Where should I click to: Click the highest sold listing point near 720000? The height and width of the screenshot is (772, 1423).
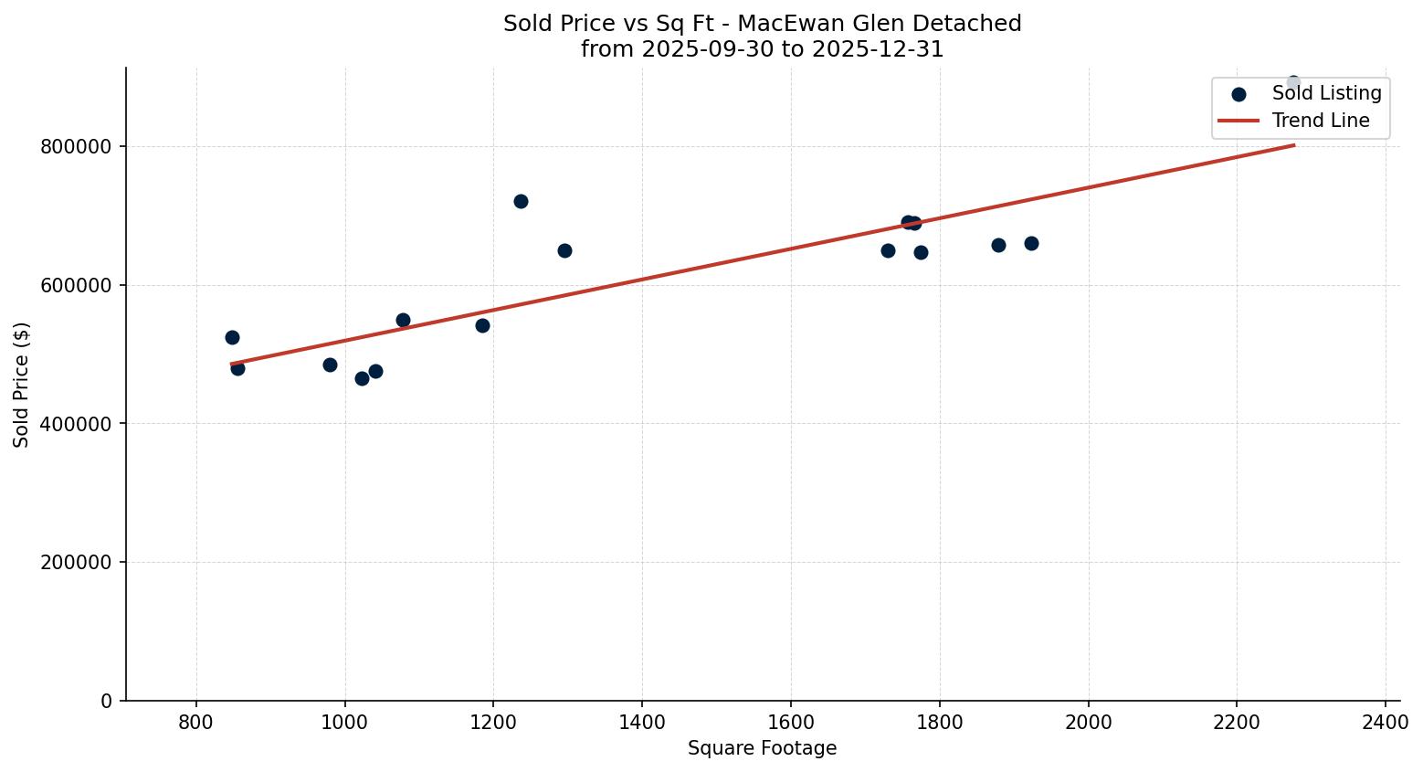click(521, 201)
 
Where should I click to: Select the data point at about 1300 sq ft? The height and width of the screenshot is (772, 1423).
click(564, 250)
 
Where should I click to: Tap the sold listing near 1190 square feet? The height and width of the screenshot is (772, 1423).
click(482, 325)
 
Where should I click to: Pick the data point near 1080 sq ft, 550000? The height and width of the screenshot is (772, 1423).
click(403, 320)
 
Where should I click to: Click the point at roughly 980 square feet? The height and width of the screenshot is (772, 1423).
click(330, 365)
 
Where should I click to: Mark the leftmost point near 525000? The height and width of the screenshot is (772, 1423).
click(232, 337)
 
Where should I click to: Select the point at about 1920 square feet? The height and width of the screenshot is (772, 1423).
click(1031, 243)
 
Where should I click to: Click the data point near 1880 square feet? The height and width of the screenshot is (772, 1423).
click(998, 245)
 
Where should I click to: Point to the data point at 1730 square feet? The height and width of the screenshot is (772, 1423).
click(888, 250)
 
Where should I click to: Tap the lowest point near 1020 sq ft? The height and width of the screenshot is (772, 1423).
click(362, 378)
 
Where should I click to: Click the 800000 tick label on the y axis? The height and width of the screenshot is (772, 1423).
click(77, 147)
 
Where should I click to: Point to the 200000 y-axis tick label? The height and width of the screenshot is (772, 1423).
click(77, 563)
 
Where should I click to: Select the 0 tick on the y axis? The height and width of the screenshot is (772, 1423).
click(107, 701)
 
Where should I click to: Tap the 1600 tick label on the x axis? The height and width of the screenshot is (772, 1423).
click(791, 722)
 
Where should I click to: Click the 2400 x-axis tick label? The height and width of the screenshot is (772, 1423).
click(1386, 722)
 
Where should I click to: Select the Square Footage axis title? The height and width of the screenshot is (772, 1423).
click(762, 748)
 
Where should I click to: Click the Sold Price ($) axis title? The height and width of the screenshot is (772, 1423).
click(22, 385)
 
